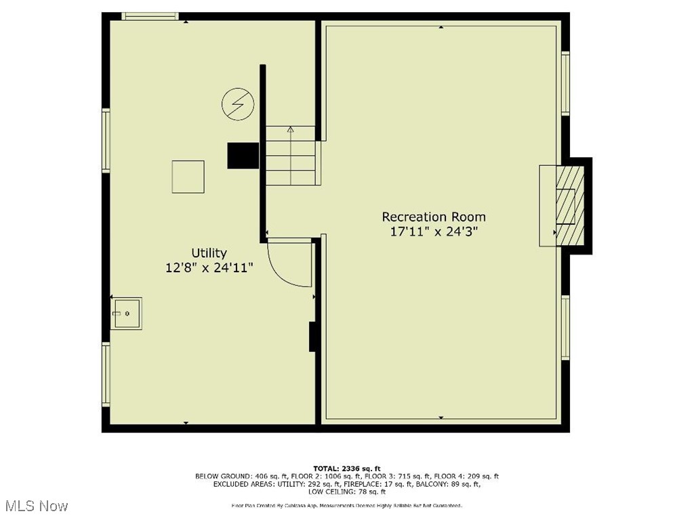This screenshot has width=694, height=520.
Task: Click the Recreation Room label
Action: point(434,217)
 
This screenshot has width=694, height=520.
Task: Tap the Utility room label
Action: point(209,253)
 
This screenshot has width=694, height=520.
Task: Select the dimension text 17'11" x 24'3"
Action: point(434,232)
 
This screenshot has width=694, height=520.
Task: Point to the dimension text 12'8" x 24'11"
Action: point(209,267)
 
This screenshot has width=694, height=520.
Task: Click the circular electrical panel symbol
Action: point(238,105)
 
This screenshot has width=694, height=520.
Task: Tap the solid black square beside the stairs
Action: point(243,155)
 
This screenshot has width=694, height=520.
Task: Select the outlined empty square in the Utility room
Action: point(188,177)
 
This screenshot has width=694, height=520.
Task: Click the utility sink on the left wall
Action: point(127,313)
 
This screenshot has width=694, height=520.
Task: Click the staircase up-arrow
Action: point(291,129)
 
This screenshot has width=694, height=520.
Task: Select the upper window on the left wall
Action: point(106,140)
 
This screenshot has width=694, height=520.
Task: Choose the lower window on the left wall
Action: point(106,374)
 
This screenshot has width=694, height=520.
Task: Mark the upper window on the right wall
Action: point(565,83)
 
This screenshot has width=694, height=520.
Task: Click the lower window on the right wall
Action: point(565,327)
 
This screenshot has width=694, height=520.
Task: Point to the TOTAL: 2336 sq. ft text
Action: point(347,468)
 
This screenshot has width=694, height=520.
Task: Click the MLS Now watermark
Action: point(35,506)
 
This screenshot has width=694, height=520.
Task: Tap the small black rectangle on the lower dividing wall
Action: point(313,337)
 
